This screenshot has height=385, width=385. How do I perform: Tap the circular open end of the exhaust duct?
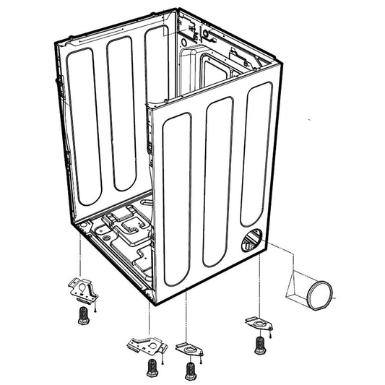321,295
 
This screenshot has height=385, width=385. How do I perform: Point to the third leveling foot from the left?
191,370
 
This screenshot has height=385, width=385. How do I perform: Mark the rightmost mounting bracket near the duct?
256,319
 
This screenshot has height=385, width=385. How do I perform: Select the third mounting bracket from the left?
191,347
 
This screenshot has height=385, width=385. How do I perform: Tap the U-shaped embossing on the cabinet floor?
130,225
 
